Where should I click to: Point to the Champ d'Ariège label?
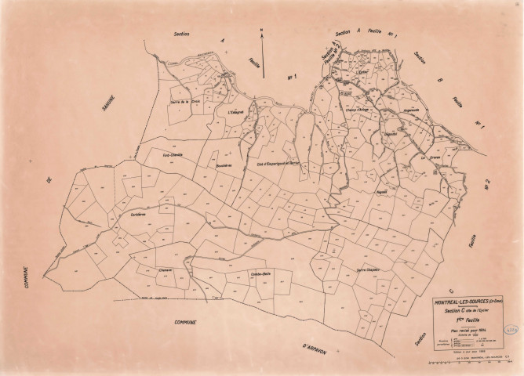click(x=358, y=110)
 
